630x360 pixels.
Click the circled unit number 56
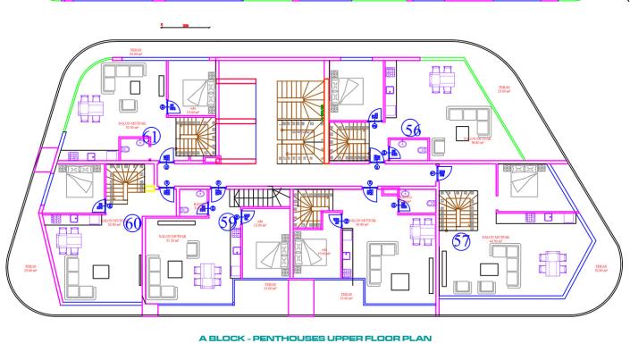click(x=412, y=130)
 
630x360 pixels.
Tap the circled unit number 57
click(x=462, y=240)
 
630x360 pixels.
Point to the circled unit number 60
click(x=132, y=223)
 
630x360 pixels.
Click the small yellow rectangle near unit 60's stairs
click(x=150, y=188)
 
